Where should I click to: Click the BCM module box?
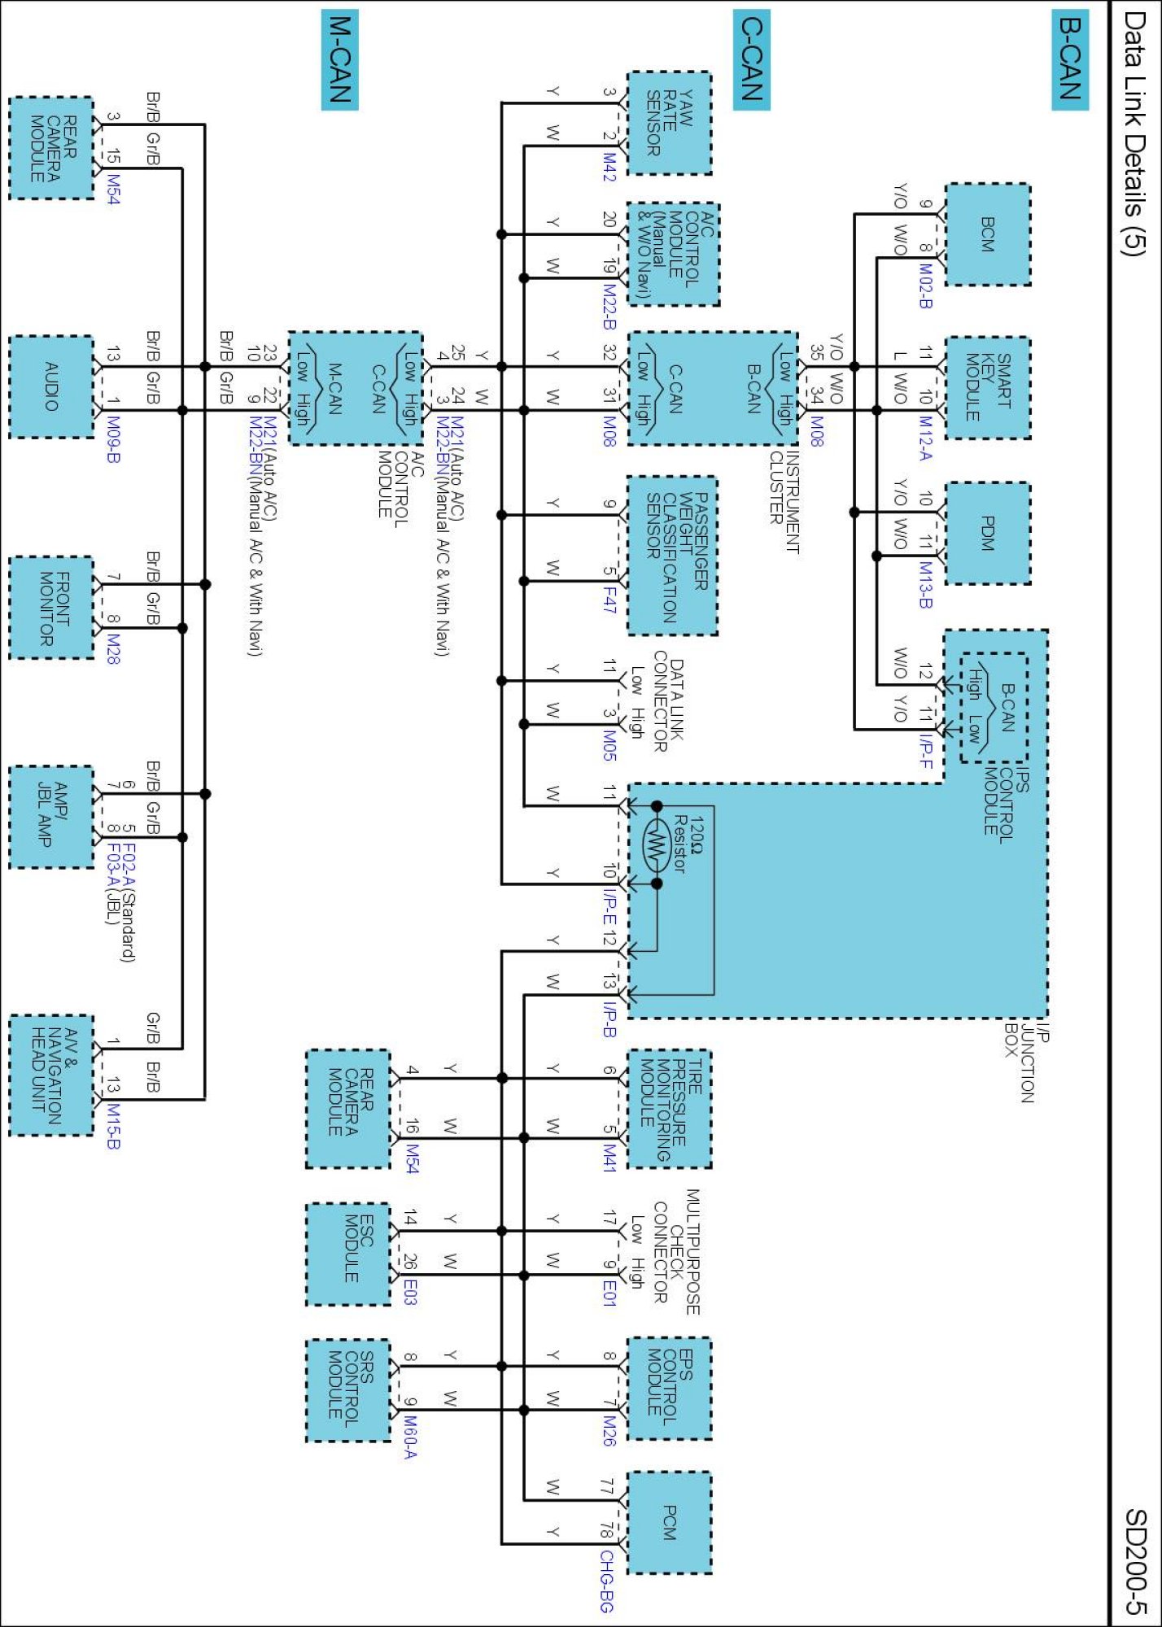pyautogui.click(x=988, y=234)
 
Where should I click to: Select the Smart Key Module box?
pyautogui.click(x=988, y=388)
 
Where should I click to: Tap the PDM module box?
pyautogui.click(x=988, y=533)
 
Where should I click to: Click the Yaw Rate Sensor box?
pyautogui.click(x=669, y=123)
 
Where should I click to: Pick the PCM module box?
pyautogui.click(x=669, y=1522)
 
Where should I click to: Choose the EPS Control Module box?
pyautogui.click(x=669, y=1388)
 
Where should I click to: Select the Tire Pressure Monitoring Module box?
pyautogui.click(x=669, y=1109)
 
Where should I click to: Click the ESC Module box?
pyautogui.click(x=348, y=1254)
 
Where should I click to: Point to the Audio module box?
pyautogui.click(x=51, y=387)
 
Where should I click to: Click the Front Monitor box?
pyautogui.click(x=51, y=608)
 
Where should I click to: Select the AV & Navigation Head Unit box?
pyautogui.click(x=51, y=1075)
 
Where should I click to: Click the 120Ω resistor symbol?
pyautogui.click(x=657, y=845)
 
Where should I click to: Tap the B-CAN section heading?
pyautogui.click(x=1069, y=59)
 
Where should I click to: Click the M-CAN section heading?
pyautogui.click(x=340, y=59)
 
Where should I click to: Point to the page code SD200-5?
pyautogui.click(x=1135, y=1561)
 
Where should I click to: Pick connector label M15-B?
pyautogui.click(x=113, y=1126)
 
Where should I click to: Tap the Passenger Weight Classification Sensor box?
pyautogui.click(x=672, y=555)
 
